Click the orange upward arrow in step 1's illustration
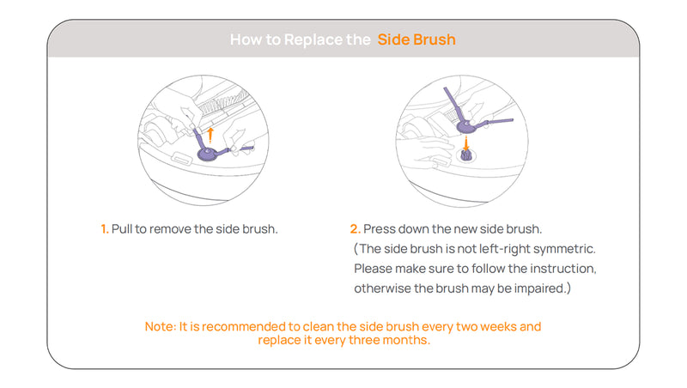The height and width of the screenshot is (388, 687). (210, 136)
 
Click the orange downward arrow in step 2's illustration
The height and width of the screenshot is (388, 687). (466, 142)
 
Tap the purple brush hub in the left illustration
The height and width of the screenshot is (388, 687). (207, 154)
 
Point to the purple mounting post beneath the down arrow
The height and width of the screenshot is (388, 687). (465, 155)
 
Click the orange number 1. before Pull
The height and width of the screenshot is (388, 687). (105, 229)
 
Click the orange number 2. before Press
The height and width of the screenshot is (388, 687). (356, 229)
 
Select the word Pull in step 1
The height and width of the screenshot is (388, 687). (122, 229)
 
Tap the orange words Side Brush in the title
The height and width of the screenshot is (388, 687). (416, 39)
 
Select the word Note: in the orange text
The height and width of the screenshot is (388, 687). (161, 327)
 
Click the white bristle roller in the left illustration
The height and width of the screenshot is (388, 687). (222, 103)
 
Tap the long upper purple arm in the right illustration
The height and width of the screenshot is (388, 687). (454, 105)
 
